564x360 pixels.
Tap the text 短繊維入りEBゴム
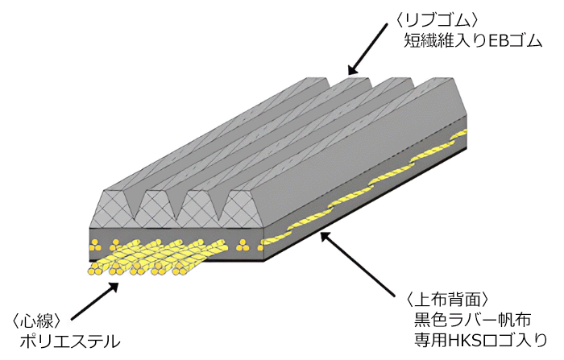(473, 40)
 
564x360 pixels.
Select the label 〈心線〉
(38, 321)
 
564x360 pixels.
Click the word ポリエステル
(69, 341)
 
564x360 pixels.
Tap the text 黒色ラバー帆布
(472, 320)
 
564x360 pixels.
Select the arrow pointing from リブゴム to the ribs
(367, 49)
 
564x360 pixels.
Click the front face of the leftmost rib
(113, 209)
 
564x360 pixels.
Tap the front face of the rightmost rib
(244, 209)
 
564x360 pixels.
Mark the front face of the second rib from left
(157, 209)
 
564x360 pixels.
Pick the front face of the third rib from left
(201, 209)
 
